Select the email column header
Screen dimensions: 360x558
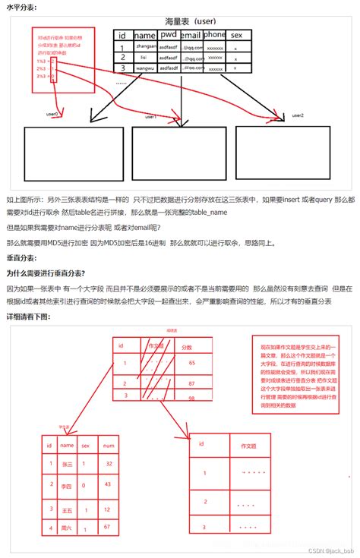point(192,35)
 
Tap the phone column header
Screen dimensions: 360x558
point(214,35)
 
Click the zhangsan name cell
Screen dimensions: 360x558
point(145,46)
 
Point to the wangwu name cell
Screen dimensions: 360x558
point(144,68)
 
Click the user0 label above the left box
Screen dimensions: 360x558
point(52,114)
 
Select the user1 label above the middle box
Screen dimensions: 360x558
point(150,117)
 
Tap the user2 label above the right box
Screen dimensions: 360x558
point(296,115)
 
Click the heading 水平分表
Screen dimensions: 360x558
point(21,7)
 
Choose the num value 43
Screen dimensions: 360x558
point(109,484)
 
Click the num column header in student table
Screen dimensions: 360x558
point(109,446)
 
